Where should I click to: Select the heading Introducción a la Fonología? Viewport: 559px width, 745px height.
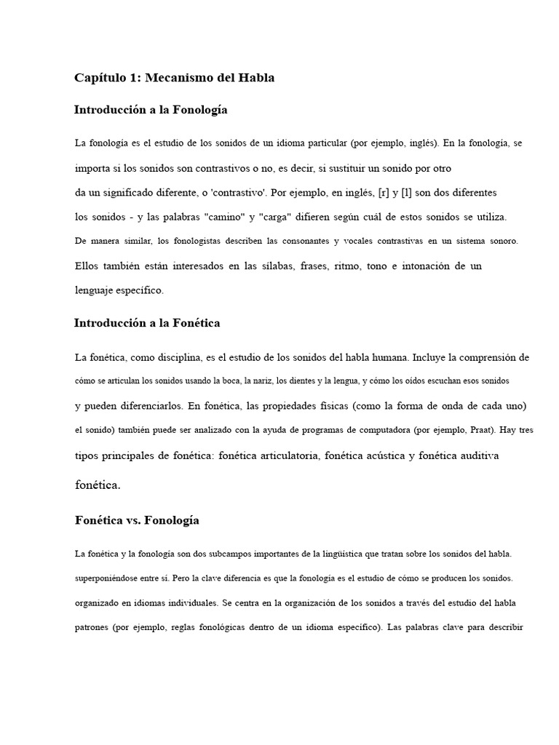151,110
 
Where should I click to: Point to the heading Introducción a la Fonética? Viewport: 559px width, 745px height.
147,322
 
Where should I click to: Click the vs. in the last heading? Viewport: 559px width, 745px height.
131,520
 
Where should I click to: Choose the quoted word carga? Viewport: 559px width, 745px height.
293,218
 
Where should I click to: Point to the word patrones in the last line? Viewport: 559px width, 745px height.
92,628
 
